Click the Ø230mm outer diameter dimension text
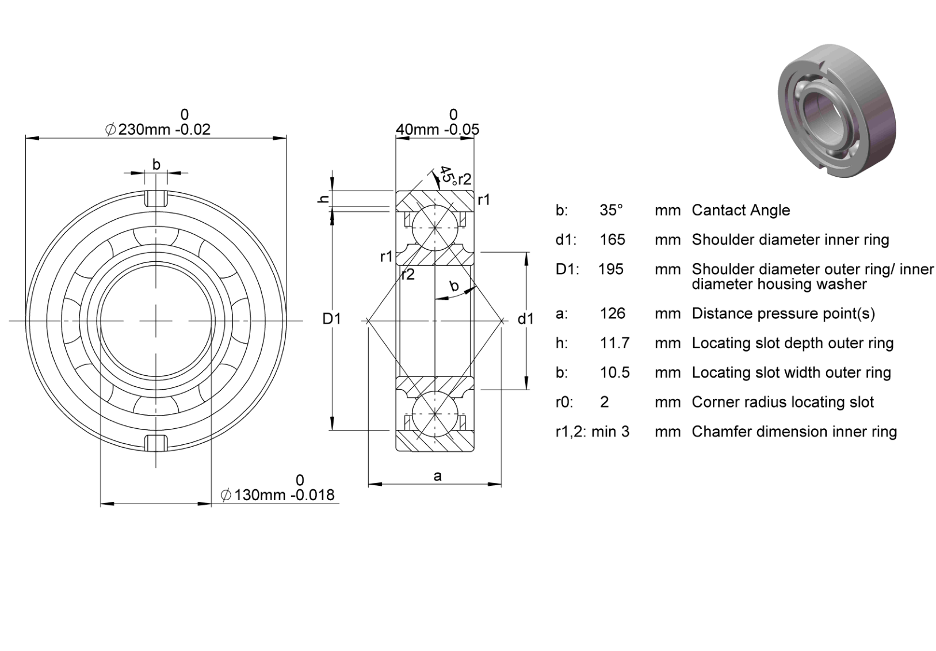[158, 129]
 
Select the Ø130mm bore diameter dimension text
[277, 495]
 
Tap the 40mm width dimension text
[437, 129]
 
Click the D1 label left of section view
[331, 319]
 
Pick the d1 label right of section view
[526, 319]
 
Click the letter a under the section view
[437, 476]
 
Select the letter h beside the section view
[323, 199]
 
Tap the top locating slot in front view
[156, 198]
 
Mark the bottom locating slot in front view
[156, 443]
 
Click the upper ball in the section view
[435, 228]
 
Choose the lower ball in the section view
[435, 414]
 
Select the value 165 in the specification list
[612, 239]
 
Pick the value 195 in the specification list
[610, 269]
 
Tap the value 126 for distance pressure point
[612, 314]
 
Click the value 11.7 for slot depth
[614, 343]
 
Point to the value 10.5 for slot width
[614, 372]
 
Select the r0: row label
[564, 402]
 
